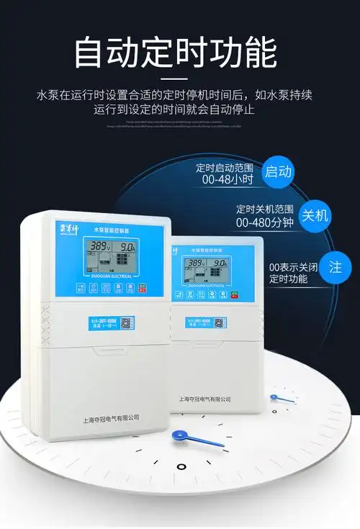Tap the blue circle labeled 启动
[279, 171]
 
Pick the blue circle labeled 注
[336, 267]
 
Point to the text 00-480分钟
[265, 222]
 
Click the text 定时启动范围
[226, 168]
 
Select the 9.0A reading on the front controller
[128, 247]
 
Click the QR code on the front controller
[125, 322]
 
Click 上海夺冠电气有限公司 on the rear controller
[204, 397]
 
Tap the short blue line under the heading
[176, 76]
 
